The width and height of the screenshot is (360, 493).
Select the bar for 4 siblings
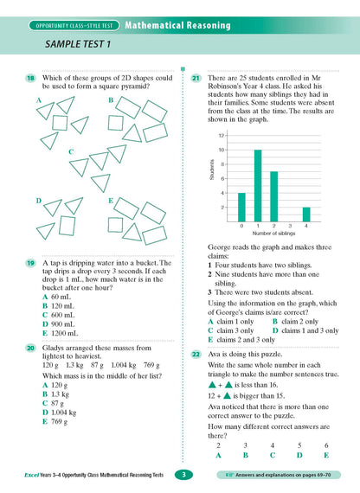point(305,214)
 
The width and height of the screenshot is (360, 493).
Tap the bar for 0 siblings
point(241,206)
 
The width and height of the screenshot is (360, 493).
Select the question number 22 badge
point(196,355)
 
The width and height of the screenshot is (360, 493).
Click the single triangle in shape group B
point(134,133)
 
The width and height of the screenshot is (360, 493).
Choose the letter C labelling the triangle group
point(71,153)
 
